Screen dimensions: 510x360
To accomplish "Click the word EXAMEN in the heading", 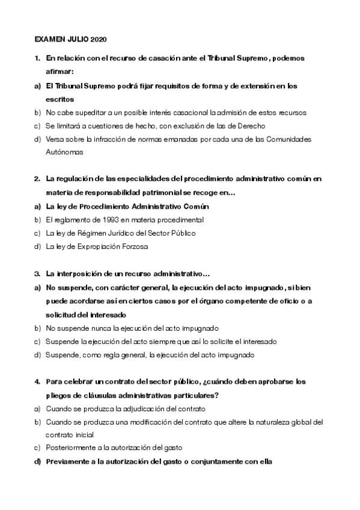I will [48, 39].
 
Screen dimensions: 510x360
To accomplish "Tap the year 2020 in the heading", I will [98, 39].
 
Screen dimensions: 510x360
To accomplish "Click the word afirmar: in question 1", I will [59, 72].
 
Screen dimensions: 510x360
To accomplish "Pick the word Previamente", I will [67, 462].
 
